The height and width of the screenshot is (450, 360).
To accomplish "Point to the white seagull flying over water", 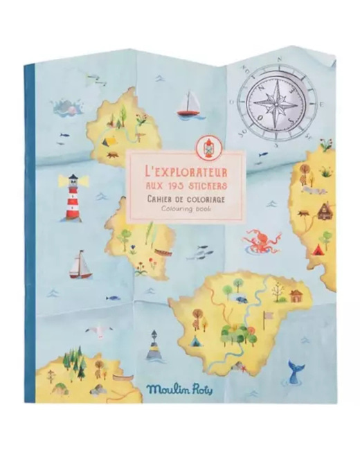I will click(x=104, y=330).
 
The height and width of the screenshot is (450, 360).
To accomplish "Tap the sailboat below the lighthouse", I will click(x=80, y=264).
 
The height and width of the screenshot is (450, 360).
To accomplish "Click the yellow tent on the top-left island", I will click(x=109, y=140).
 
